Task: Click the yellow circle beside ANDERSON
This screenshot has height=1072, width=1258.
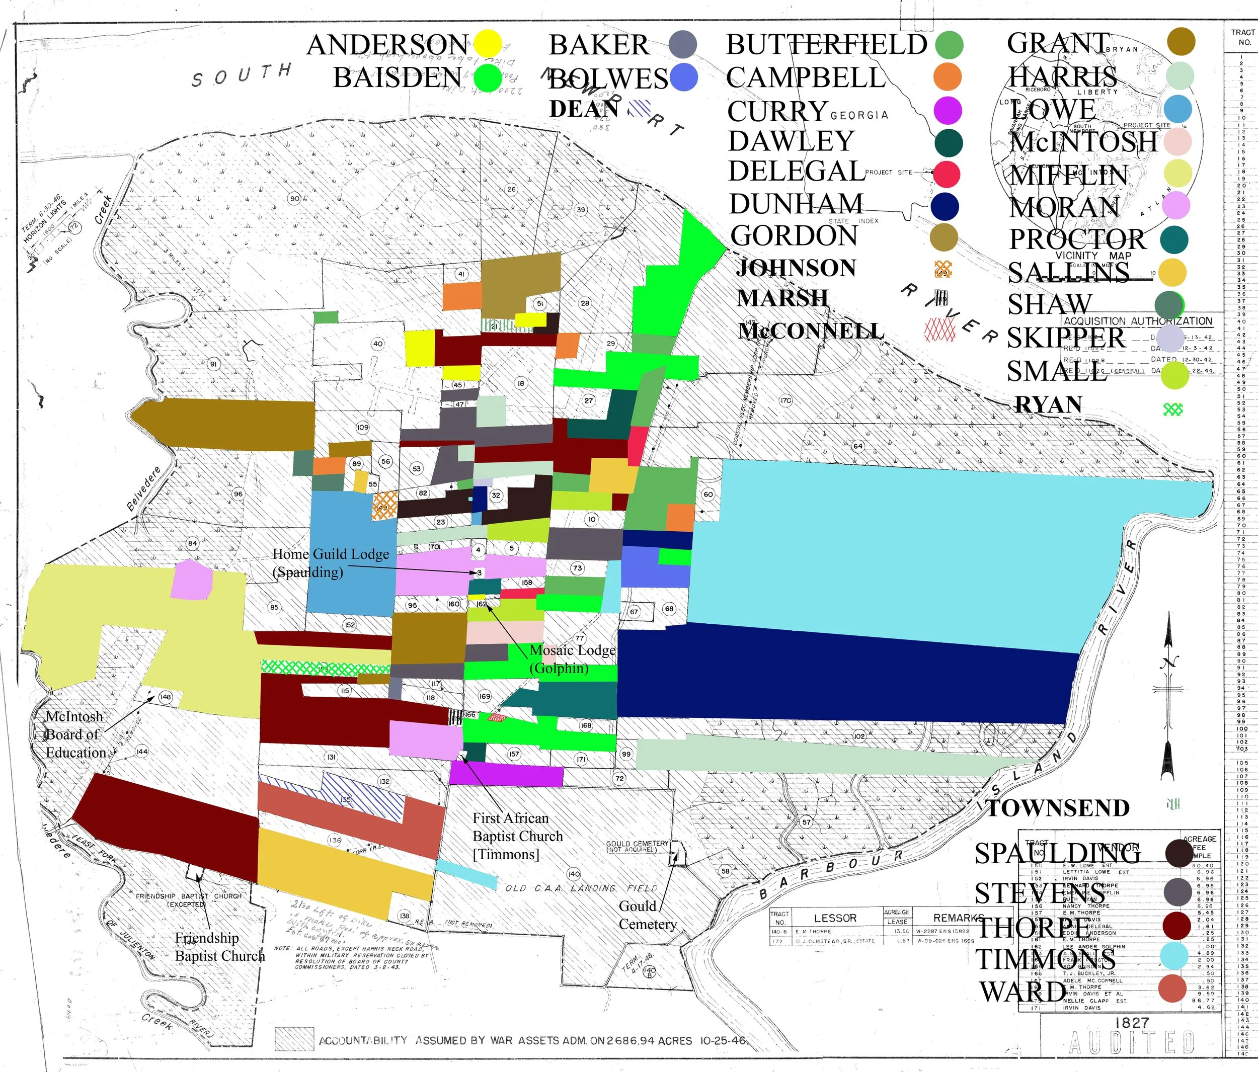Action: (488, 44)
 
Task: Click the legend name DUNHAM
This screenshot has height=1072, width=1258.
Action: (796, 204)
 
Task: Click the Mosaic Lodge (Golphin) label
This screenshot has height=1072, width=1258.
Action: (572, 658)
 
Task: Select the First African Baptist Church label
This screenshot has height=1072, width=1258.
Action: (517, 836)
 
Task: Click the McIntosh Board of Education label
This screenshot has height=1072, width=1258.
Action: (76, 734)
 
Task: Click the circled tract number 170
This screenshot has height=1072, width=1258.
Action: (785, 400)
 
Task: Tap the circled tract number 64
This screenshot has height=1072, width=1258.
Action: (858, 446)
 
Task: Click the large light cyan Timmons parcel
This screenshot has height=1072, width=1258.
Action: (911, 546)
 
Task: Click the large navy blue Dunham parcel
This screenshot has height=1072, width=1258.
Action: (850, 674)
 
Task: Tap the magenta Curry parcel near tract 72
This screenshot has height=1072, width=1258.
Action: (507, 775)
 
